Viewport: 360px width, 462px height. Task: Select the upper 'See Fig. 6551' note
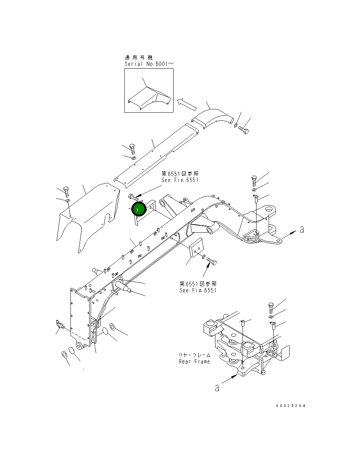(179, 180)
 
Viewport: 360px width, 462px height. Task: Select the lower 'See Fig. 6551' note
(198, 290)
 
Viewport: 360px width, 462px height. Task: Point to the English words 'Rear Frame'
(194, 361)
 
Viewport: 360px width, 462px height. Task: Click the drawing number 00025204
(291, 405)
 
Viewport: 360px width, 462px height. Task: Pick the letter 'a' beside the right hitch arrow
(302, 230)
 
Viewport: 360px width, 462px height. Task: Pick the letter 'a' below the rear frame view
(217, 388)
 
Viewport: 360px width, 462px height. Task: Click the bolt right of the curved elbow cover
(244, 130)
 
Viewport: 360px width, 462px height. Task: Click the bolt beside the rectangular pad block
(212, 262)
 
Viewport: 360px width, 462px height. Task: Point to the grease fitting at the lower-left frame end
(60, 324)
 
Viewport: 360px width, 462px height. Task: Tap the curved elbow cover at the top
(213, 118)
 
